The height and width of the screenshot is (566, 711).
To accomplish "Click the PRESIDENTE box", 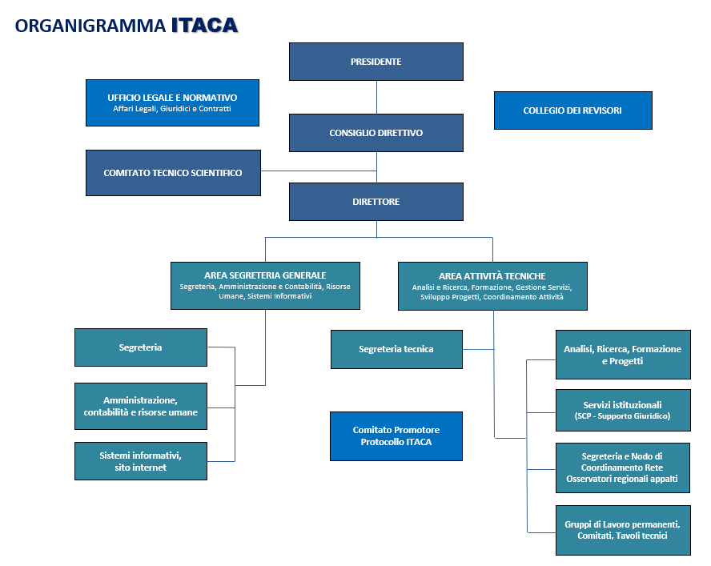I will coord(376,62).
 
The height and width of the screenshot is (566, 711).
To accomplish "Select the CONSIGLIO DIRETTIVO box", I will coord(376,133).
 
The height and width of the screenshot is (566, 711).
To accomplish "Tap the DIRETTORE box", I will coord(376,202).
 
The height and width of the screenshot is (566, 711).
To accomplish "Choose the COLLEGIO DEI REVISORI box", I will coord(572,110).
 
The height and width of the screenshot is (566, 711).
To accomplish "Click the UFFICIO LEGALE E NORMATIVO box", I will coord(172,102).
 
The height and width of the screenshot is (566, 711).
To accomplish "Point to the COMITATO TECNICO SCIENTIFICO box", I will coord(173,173).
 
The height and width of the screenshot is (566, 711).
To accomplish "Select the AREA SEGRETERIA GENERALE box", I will coord(265,286).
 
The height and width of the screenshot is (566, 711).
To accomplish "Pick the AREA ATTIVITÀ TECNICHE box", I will coord(492,286).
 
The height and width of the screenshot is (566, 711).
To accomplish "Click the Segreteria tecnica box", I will coord(396,349).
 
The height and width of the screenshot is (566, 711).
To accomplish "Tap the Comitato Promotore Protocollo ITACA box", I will coord(396,436).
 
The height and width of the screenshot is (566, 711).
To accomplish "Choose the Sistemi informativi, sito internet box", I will coord(140,461).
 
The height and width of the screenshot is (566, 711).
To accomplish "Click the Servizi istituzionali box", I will coord(623,411).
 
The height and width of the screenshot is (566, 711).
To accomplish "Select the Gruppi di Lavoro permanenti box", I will coord(623,530).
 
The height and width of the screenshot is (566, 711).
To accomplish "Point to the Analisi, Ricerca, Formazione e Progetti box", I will coord(623,355).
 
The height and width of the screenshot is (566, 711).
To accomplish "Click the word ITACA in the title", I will coord(204,26).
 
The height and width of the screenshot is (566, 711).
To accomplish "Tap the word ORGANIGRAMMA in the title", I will coord(90,26).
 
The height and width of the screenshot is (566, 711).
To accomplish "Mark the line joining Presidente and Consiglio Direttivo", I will coord(376,97).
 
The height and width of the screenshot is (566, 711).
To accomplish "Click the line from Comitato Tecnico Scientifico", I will coord(318,171).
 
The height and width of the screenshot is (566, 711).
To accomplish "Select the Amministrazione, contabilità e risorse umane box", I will coord(140,406).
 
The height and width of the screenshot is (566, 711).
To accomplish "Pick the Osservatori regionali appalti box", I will coord(623,468).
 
